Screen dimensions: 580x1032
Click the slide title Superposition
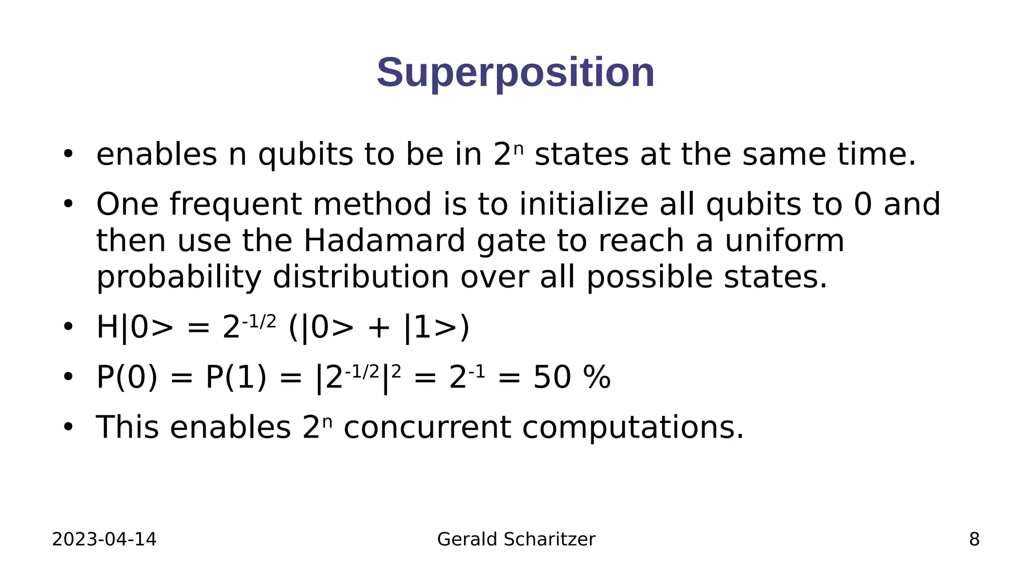[515, 73]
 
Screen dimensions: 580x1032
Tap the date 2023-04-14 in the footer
[104, 539]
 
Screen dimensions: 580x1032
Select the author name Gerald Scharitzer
[516, 539]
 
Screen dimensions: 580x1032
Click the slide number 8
[974, 539]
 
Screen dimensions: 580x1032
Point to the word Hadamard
[384, 241]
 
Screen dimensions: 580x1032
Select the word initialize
[584, 204]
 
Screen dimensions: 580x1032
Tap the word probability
[179, 277]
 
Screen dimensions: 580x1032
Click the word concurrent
[427, 427]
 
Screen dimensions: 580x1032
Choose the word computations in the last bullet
[633, 427]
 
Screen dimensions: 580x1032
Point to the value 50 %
[572, 378]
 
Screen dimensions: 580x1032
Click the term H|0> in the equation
[135, 328]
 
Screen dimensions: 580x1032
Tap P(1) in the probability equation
[236, 378]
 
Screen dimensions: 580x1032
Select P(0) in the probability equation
[127, 378]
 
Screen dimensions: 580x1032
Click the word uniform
[784, 241]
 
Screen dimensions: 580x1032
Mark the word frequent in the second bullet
[235, 204]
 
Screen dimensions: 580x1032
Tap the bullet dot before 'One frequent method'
[68, 204]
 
